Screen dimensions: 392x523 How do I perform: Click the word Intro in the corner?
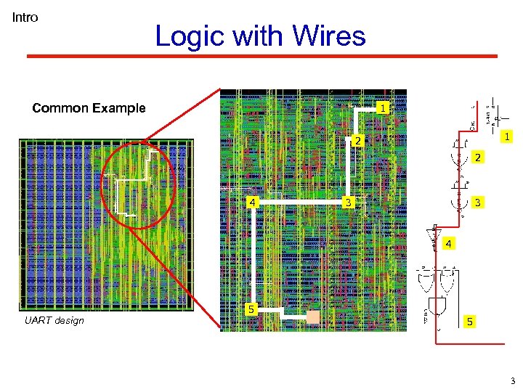25,17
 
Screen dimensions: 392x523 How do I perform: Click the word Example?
120,108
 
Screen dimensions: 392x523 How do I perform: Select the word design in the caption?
69,321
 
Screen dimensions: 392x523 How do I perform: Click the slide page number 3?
512,380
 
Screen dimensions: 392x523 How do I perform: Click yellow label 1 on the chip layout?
382,108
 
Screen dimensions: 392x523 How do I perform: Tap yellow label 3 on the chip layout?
349,202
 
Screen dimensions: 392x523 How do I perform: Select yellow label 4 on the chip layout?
251,202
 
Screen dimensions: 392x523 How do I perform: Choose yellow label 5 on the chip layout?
251,310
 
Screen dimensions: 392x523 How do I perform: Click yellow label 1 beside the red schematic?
508,136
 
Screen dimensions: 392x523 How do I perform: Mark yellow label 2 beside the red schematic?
477,158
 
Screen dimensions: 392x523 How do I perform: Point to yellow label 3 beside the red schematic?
477,202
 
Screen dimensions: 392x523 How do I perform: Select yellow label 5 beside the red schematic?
469,321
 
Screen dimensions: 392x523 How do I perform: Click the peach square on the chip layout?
313,317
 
